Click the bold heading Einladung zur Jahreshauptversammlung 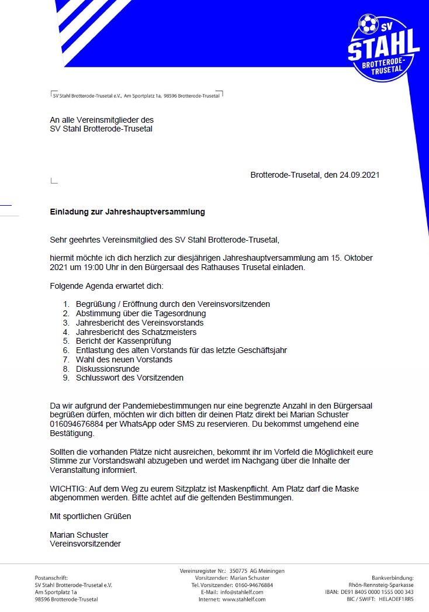(127, 212)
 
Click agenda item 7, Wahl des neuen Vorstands (124, 359)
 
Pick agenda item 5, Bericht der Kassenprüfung (123, 341)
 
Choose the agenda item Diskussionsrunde (108, 369)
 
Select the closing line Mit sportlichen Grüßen (91, 516)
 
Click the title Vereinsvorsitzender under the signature (85, 544)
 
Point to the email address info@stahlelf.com (242, 592)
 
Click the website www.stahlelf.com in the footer (243, 599)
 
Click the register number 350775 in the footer (239, 570)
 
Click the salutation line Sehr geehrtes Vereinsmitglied (165, 239)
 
